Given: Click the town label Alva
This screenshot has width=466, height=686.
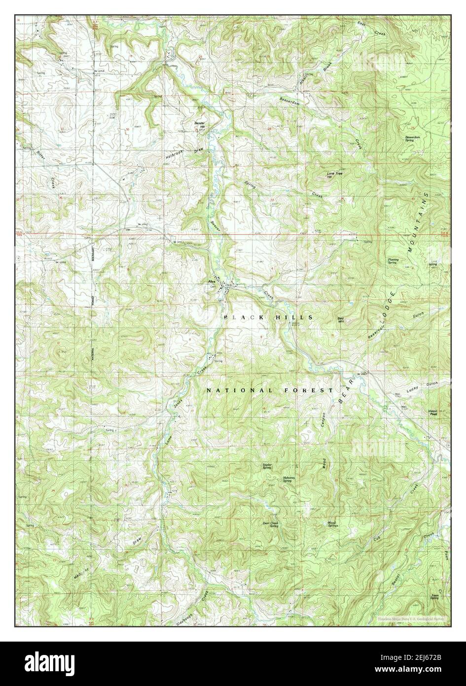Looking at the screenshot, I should click(210, 281).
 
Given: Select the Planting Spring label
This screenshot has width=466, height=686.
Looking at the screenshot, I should click(393, 261).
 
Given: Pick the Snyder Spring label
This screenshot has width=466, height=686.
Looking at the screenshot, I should click(267, 465).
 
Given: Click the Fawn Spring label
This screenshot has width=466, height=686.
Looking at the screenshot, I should click(434, 597).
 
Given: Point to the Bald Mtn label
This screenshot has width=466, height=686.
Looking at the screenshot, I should click(340, 319).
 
